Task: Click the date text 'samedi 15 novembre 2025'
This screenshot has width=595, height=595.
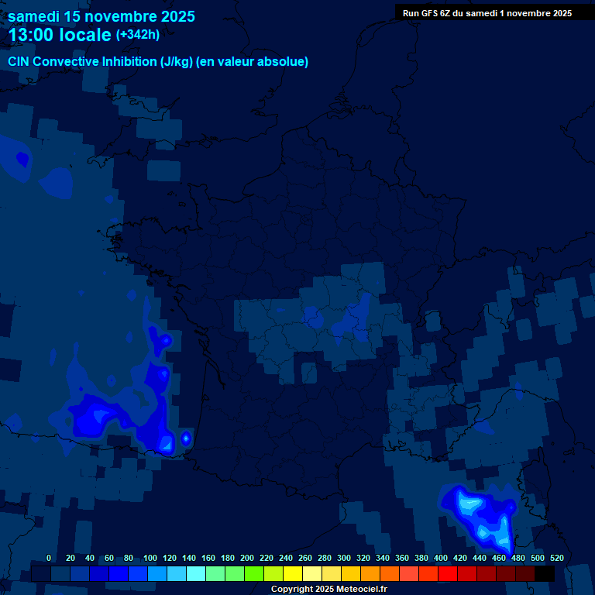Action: [x=101, y=16]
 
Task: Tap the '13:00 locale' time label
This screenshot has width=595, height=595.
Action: [x=60, y=35]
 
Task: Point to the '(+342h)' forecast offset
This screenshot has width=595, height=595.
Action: [x=138, y=35]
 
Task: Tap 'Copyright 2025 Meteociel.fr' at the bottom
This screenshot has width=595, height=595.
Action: [x=328, y=589]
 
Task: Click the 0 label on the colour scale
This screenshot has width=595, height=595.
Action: [x=49, y=558]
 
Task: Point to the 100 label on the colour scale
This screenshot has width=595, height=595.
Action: [x=150, y=558]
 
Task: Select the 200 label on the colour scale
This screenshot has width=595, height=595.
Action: [x=247, y=558]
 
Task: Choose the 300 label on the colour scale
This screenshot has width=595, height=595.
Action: [x=344, y=558]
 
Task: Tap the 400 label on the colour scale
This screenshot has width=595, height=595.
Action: [x=441, y=558]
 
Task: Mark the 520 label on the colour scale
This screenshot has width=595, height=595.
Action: [x=556, y=558]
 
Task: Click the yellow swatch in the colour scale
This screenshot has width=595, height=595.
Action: [x=293, y=574]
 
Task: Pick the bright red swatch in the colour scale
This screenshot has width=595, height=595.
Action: [x=448, y=574]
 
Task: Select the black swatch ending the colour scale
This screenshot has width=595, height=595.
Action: [x=545, y=574]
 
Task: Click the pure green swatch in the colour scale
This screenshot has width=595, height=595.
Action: [x=254, y=574]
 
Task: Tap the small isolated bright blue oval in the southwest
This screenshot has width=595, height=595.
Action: [x=186, y=439]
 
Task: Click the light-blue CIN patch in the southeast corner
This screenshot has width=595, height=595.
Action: [x=480, y=515]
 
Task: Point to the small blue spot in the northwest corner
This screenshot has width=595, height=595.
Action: [x=22, y=159]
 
